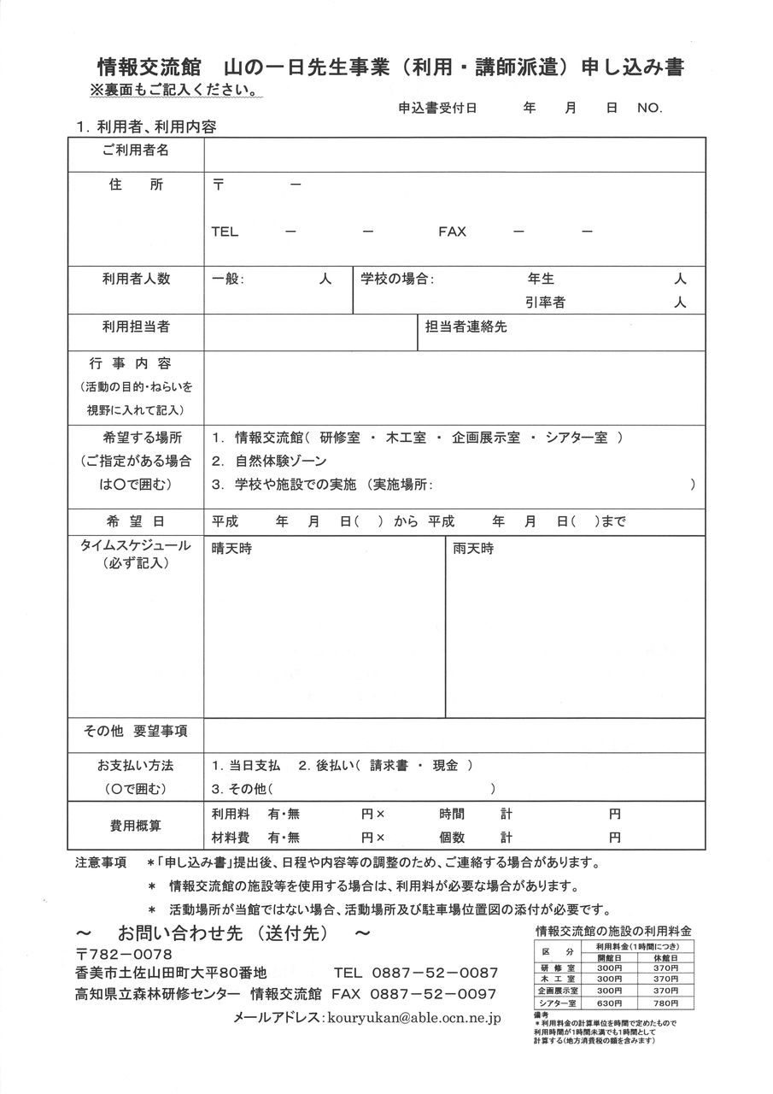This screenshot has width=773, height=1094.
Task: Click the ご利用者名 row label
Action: [x=136, y=150]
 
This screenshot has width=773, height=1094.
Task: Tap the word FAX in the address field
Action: [x=452, y=232]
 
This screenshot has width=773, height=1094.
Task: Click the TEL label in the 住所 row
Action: [x=225, y=232]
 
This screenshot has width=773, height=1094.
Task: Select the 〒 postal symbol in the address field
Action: [x=218, y=185]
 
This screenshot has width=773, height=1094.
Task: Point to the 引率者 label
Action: [x=545, y=303]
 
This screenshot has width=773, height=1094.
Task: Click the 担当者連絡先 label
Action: [x=466, y=326]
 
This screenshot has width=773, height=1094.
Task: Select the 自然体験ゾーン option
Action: [x=281, y=461]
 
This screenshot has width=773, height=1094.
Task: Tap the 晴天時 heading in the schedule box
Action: [x=231, y=549]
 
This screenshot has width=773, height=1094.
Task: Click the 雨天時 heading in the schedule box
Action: [x=472, y=549]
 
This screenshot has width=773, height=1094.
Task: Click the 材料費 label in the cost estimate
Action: [x=230, y=837]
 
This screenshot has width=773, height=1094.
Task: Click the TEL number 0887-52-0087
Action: [x=434, y=973]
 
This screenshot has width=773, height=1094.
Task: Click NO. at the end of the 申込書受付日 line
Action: [x=649, y=109]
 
